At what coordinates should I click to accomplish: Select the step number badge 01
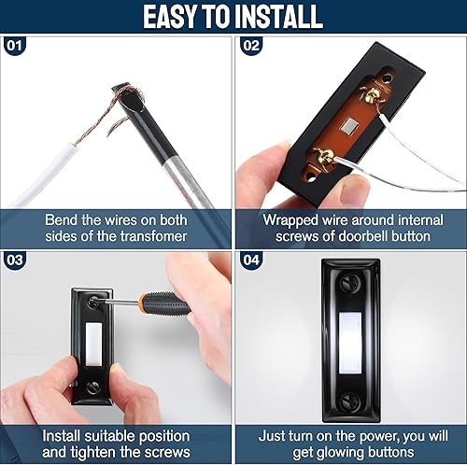(x=13, y=44)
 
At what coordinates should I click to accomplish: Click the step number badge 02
(x=249, y=44)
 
